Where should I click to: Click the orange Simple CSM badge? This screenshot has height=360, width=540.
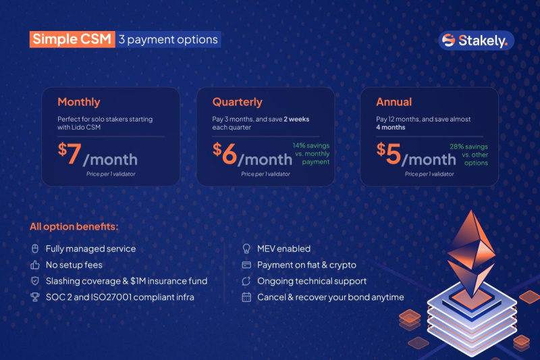tap(72, 39)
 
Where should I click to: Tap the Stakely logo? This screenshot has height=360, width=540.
tap(477, 41)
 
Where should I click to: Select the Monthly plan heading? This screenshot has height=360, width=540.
tap(79, 102)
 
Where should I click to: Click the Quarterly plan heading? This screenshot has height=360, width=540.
tap(238, 102)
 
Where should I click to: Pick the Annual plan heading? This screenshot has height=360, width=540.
tap(394, 102)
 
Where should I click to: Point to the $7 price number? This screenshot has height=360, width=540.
tap(70, 153)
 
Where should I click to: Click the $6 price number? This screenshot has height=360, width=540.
tap(225, 153)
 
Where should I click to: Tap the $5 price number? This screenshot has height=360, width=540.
tap(389, 153)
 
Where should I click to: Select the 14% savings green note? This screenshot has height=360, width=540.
tap(311, 153)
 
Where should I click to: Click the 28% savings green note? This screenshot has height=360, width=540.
tap(469, 155)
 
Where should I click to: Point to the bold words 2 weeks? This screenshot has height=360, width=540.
tap(296, 119)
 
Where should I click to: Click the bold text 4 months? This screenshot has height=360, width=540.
tap(391, 128)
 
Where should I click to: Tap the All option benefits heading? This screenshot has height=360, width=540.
tap(74, 227)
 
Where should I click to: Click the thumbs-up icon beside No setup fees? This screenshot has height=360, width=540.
tap(35, 265)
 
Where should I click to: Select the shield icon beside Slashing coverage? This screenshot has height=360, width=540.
tap(35, 281)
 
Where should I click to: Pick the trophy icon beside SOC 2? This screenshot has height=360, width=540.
tap(35, 297)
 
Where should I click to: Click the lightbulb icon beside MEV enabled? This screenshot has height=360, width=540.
tap(246, 249)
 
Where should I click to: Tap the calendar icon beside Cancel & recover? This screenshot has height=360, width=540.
tap(246, 297)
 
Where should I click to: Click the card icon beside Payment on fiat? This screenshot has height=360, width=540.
tap(246, 265)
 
